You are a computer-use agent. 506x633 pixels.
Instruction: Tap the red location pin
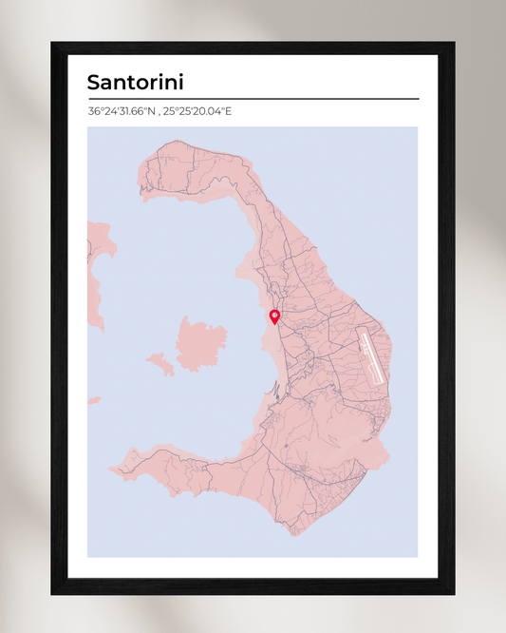[x=274, y=316]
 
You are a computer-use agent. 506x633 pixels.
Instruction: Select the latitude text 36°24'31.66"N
[x=121, y=111]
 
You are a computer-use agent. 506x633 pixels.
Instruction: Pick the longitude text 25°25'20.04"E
[x=197, y=111]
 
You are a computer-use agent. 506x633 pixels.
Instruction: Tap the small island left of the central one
[x=159, y=362]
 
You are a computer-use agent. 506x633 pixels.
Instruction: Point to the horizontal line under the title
[x=253, y=98]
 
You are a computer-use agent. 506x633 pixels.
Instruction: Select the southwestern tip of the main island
[x=113, y=469]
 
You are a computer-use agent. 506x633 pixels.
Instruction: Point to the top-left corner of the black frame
[x=52, y=43]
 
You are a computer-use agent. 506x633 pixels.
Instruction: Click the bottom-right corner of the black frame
[x=454, y=594]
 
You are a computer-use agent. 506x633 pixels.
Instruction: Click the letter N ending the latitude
[x=152, y=111]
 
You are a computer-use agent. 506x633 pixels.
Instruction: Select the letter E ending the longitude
[x=228, y=111]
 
